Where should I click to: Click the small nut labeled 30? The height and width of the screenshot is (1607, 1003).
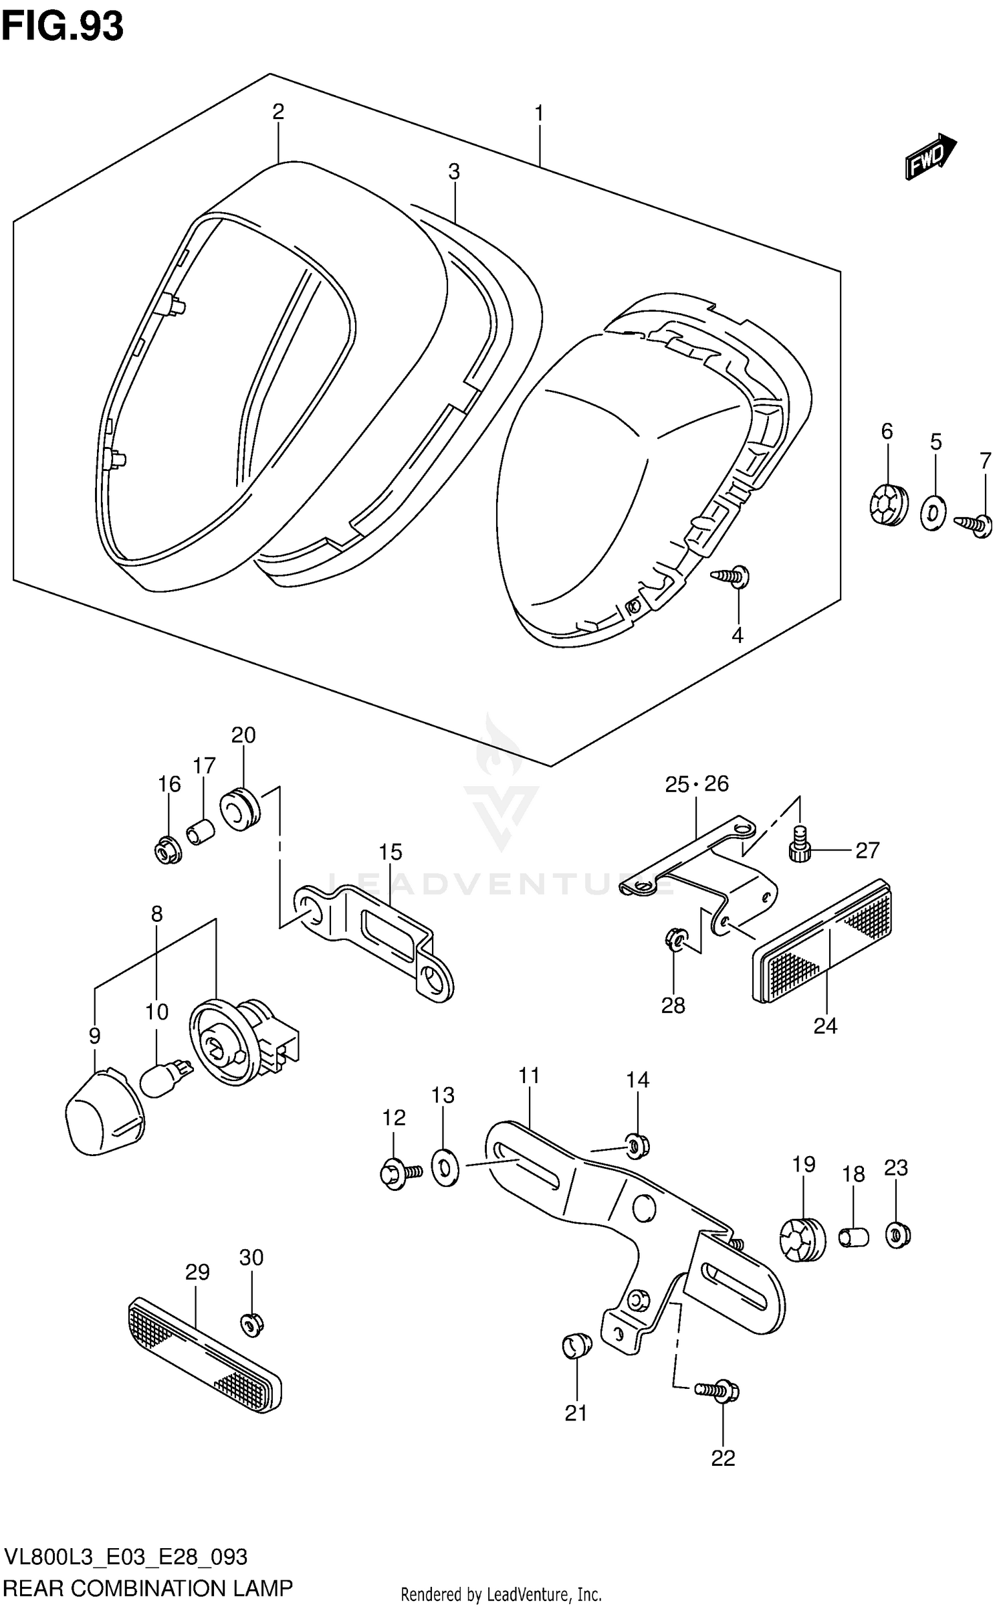pyautogui.click(x=251, y=1322)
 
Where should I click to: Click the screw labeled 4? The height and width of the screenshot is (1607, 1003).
pyautogui.click(x=732, y=576)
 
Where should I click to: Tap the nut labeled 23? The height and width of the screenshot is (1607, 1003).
pyautogui.click(x=897, y=1234)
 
